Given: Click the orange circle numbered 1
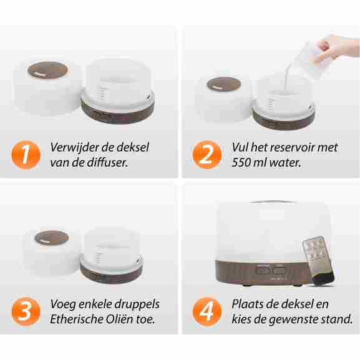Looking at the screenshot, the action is pyautogui.click(x=26, y=155).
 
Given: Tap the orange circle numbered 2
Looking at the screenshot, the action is pyautogui.click(x=207, y=155).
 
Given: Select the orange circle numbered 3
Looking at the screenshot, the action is pyautogui.click(x=26, y=311).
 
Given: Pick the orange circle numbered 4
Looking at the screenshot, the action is pyautogui.click(x=207, y=311).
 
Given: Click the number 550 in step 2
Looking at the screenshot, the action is pyautogui.click(x=240, y=163).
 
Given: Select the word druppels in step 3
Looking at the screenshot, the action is pyautogui.click(x=137, y=304).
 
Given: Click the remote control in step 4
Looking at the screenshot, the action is pyautogui.click(x=318, y=261).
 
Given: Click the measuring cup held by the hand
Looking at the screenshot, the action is pyautogui.click(x=311, y=59).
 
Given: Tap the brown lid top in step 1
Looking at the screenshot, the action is pyautogui.click(x=48, y=70).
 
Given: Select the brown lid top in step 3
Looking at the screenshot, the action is pyautogui.click(x=51, y=238).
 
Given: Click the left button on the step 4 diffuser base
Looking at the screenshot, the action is pyautogui.click(x=262, y=270).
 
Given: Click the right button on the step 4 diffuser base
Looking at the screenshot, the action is pyautogui.click(x=280, y=270).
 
